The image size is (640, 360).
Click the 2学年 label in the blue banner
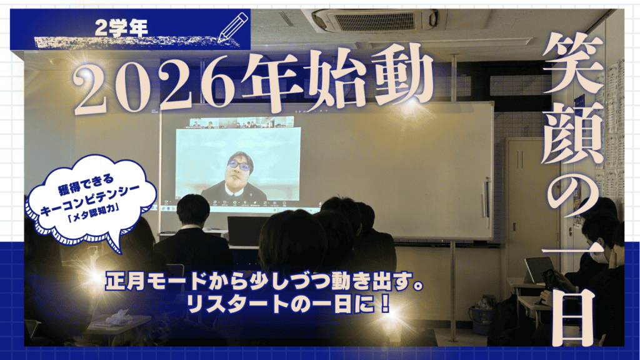pyautogui.click(x=121, y=27)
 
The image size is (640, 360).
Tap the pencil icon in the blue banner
pyautogui.click(x=233, y=27)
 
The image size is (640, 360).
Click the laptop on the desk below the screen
pyautogui.click(x=246, y=231)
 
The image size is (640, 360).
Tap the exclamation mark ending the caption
pyautogui.click(x=385, y=304)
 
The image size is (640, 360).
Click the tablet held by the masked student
pyautogui.click(x=539, y=270)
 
